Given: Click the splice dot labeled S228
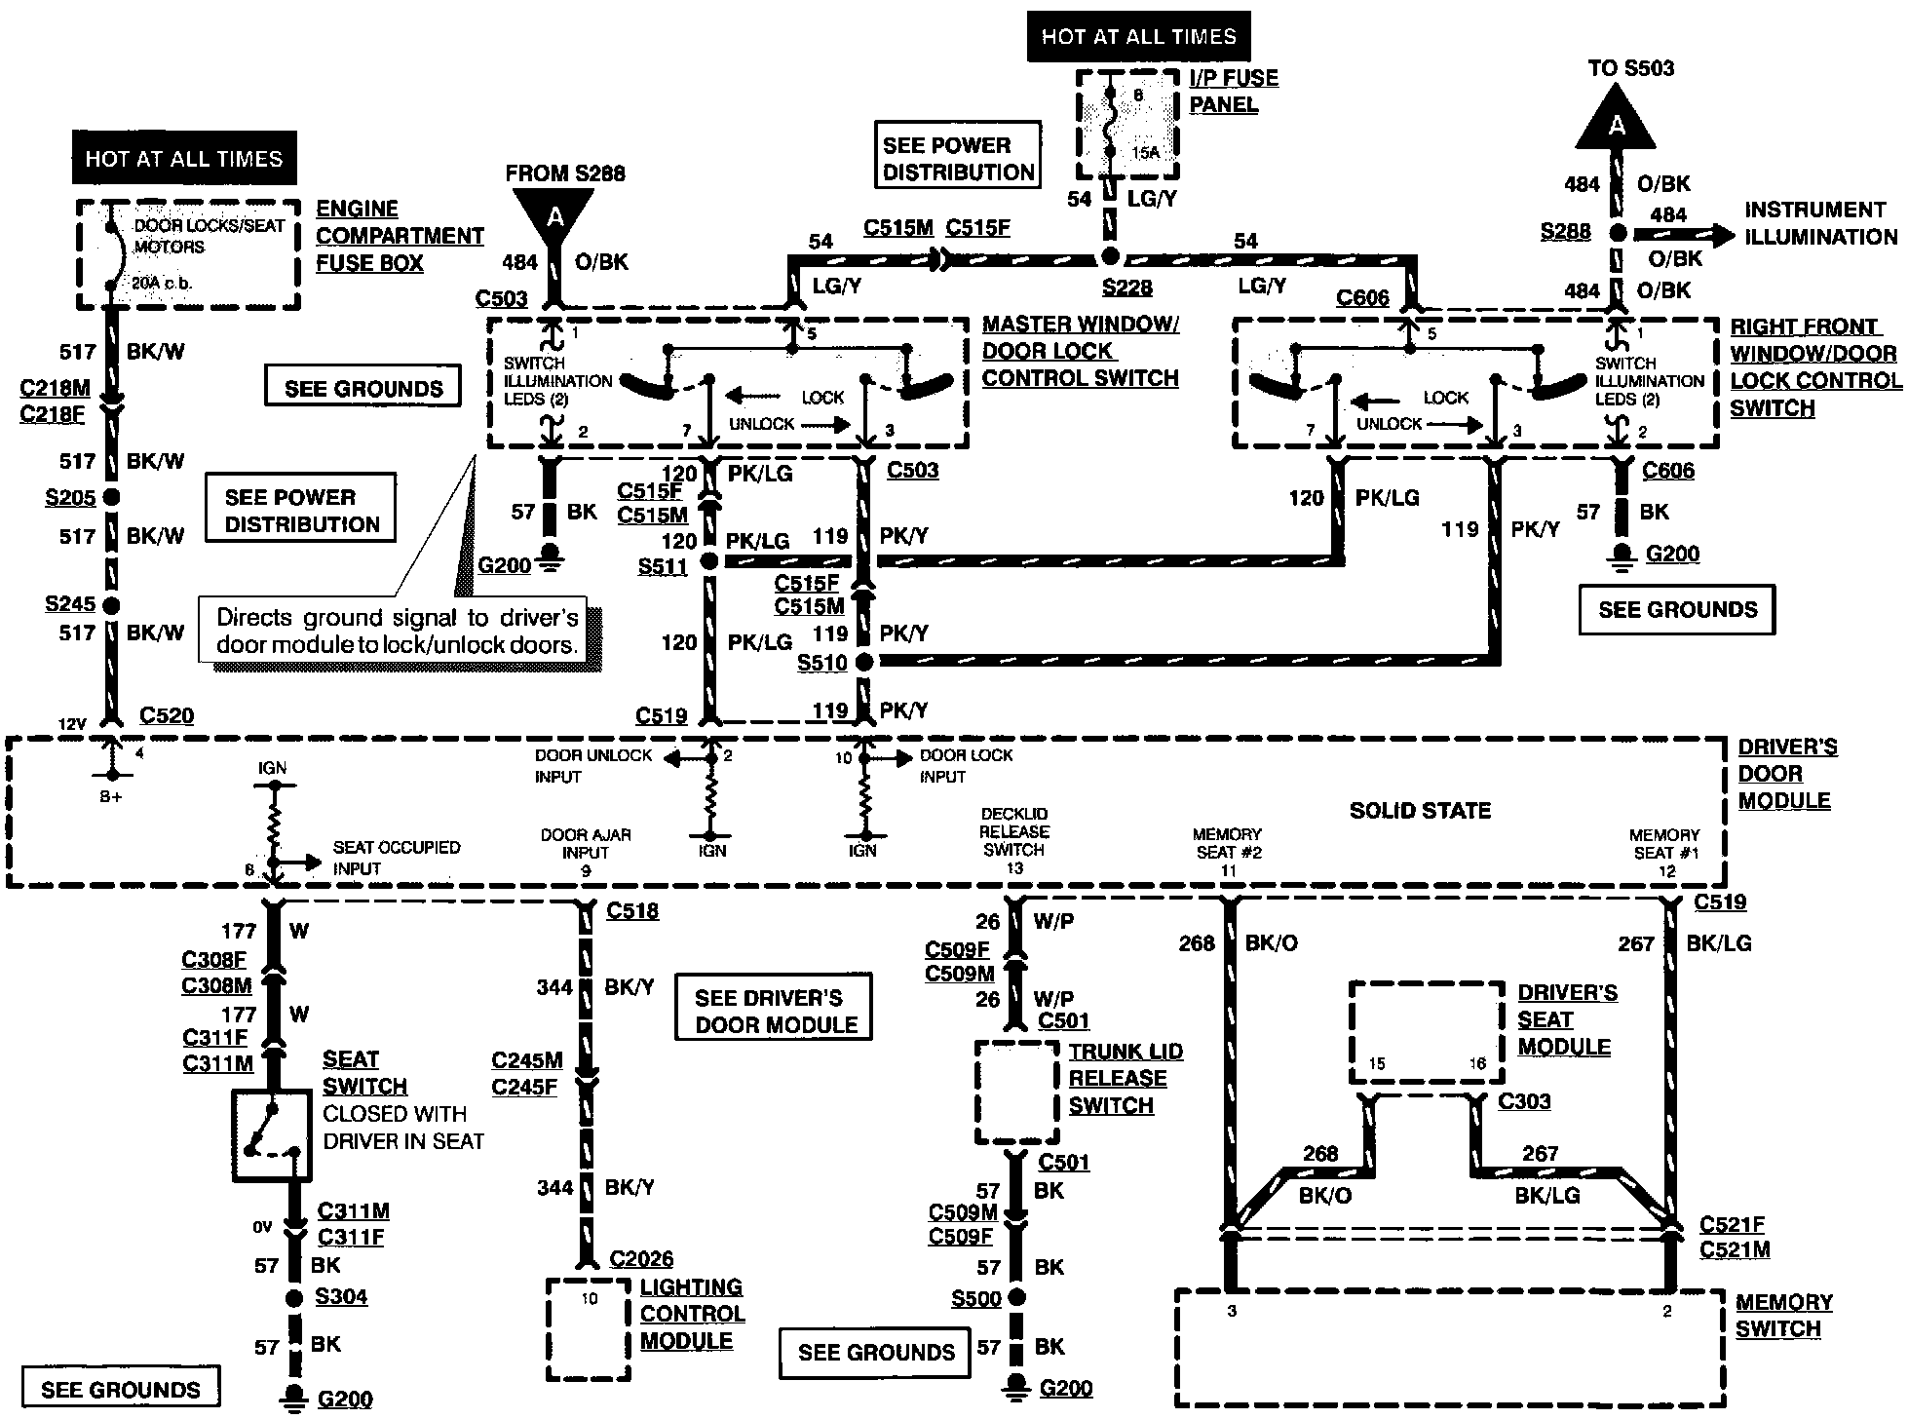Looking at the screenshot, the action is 1110,258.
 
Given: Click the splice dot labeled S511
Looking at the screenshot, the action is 709,561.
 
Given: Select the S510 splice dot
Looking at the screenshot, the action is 863,662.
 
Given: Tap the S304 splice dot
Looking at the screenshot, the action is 294,1298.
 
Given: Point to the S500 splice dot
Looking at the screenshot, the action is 1016,1297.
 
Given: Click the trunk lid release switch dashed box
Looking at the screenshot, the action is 1016,1093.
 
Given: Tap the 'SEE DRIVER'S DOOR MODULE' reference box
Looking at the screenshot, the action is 774,1010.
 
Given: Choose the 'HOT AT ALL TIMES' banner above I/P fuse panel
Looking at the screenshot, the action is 1138,37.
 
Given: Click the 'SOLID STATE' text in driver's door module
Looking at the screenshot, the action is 1420,810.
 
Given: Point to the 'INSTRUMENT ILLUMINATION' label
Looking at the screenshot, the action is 1820,223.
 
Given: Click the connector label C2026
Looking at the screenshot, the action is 641,1259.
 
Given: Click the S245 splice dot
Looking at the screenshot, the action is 111,605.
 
